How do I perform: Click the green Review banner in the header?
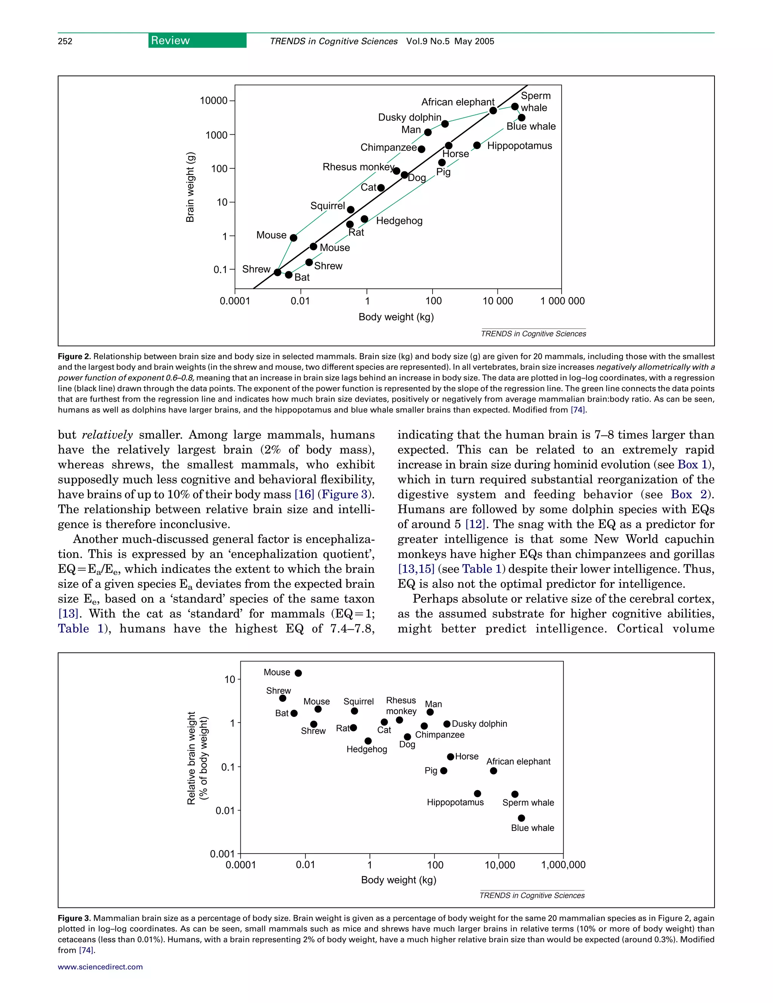click(x=197, y=40)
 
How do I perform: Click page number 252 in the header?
click(x=65, y=41)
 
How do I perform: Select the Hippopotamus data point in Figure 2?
click(x=477, y=146)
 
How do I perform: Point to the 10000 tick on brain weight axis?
click(x=214, y=100)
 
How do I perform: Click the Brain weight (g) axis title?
click(x=190, y=187)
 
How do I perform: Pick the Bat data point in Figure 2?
click(x=288, y=275)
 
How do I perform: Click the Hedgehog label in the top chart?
click(x=399, y=221)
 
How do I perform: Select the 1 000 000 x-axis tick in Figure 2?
click(x=562, y=301)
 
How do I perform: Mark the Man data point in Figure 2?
click(x=428, y=132)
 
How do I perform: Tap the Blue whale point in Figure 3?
click(x=521, y=818)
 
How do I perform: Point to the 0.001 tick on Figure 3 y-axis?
click(x=222, y=854)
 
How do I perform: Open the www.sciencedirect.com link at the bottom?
click(x=100, y=967)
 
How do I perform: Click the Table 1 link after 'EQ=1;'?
click(x=81, y=629)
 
